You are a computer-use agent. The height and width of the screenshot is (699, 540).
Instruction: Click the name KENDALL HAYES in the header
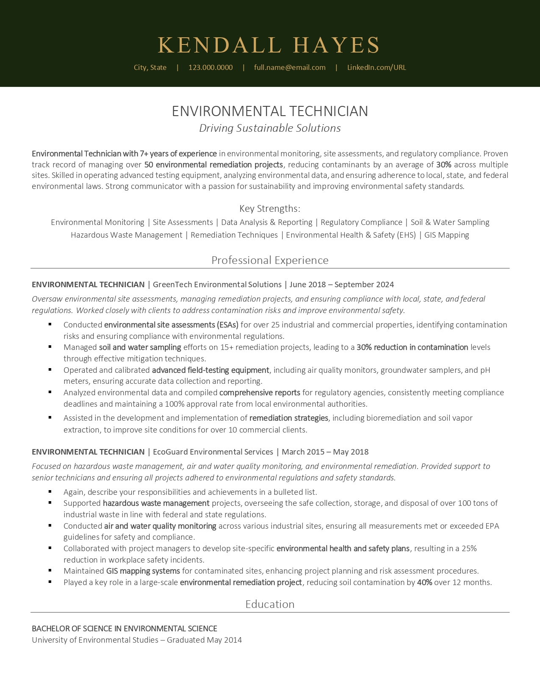[269, 45]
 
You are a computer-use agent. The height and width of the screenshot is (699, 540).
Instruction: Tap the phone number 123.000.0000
[210, 67]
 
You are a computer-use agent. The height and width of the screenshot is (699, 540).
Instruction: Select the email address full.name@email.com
[290, 67]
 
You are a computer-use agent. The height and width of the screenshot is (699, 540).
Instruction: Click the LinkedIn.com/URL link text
[377, 67]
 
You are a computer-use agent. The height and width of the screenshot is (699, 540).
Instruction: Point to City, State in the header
[150, 67]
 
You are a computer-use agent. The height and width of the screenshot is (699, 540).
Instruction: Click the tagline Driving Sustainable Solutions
[270, 128]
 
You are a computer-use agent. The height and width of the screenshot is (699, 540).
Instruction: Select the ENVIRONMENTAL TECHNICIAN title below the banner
[270, 111]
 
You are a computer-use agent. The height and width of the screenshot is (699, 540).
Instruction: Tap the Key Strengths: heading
[270, 208]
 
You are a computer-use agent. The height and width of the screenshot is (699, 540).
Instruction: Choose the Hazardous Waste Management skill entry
[126, 235]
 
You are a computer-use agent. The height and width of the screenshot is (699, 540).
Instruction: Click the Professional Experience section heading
[270, 260]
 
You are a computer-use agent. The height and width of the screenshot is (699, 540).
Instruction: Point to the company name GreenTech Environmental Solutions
[217, 285]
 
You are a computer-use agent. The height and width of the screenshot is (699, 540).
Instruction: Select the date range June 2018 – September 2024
[341, 285]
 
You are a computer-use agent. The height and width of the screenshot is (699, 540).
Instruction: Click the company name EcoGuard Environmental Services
[213, 452]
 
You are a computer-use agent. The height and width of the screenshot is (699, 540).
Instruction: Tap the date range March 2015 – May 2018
[325, 452]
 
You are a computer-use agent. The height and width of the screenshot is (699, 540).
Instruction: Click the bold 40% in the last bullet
[424, 582]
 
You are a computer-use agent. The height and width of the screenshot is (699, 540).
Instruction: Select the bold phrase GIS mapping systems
[143, 571]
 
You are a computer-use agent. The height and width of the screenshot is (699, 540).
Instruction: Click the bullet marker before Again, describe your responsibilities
[50, 492]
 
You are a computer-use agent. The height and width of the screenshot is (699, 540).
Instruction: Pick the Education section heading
[270, 604]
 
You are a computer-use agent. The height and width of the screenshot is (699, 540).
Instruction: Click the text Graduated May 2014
[204, 640]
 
